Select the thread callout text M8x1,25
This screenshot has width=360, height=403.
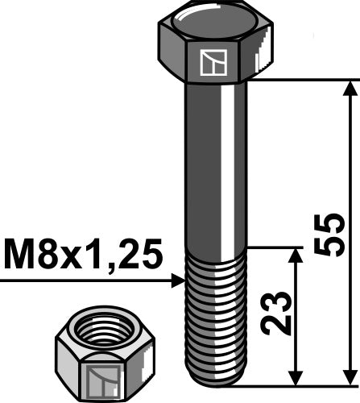click(83, 256)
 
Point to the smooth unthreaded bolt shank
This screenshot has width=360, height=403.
click(213, 161)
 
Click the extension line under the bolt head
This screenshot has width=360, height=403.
click(298, 79)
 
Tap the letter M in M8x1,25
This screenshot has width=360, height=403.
click(19, 256)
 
